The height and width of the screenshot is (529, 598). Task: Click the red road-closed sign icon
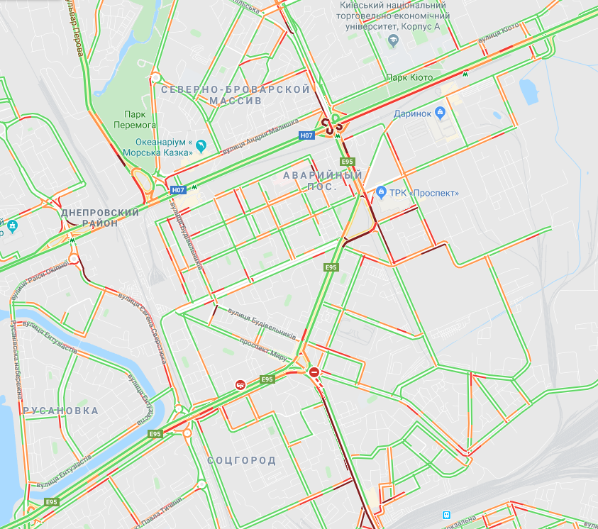(x=314, y=372)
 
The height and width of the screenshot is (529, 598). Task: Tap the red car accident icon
(x=240, y=384)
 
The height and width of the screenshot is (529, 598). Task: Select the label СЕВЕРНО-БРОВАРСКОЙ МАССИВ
(x=236, y=95)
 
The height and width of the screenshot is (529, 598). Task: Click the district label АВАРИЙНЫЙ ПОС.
(x=323, y=180)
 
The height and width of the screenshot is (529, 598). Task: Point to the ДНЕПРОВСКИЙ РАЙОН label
(x=100, y=217)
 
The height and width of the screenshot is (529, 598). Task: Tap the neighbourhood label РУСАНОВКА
(x=60, y=411)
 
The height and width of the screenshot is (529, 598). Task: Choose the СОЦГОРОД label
(x=241, y=461)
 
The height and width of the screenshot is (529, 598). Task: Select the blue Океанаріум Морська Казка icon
(x=201, y=145)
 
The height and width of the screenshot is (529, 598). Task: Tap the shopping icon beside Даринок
(x=440, y=112)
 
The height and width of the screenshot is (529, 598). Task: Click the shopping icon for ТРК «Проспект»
(x=381, y=192)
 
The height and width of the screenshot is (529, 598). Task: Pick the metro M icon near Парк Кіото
(x=465, y=74)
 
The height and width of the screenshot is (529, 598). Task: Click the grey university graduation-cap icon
(x=392, y=43)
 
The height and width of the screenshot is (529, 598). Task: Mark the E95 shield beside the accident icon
(x=267, y=379)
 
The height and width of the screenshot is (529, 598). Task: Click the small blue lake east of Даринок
(x=528, y=92)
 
